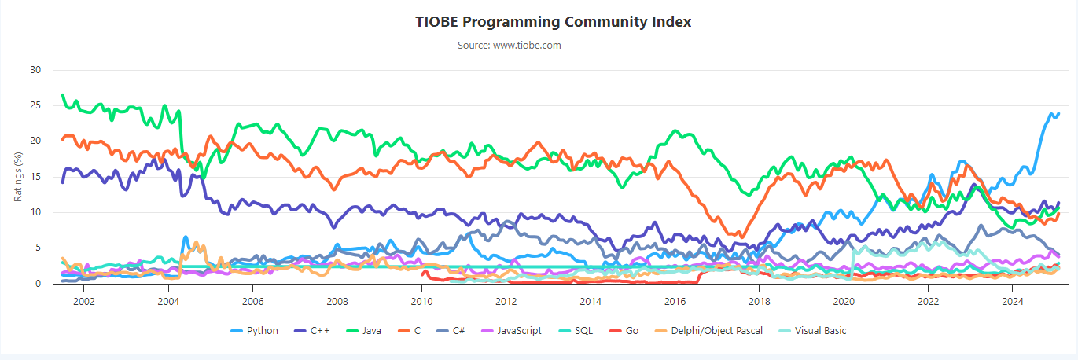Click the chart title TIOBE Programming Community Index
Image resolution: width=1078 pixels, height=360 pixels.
[x=553, y=21]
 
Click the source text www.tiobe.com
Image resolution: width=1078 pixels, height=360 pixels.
[x=510, y=45]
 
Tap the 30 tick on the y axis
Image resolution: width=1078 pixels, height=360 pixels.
[x=35, y=70]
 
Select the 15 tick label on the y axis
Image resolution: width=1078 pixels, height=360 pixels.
[x=35, y=177]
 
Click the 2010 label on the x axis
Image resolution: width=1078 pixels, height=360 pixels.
[x=421, y=301]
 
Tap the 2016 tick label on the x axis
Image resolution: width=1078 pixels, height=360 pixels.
[x=675, y=301]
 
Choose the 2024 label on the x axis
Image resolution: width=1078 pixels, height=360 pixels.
[x=1013, y=301]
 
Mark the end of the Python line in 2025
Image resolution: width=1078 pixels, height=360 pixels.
[x=1058, y=114]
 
